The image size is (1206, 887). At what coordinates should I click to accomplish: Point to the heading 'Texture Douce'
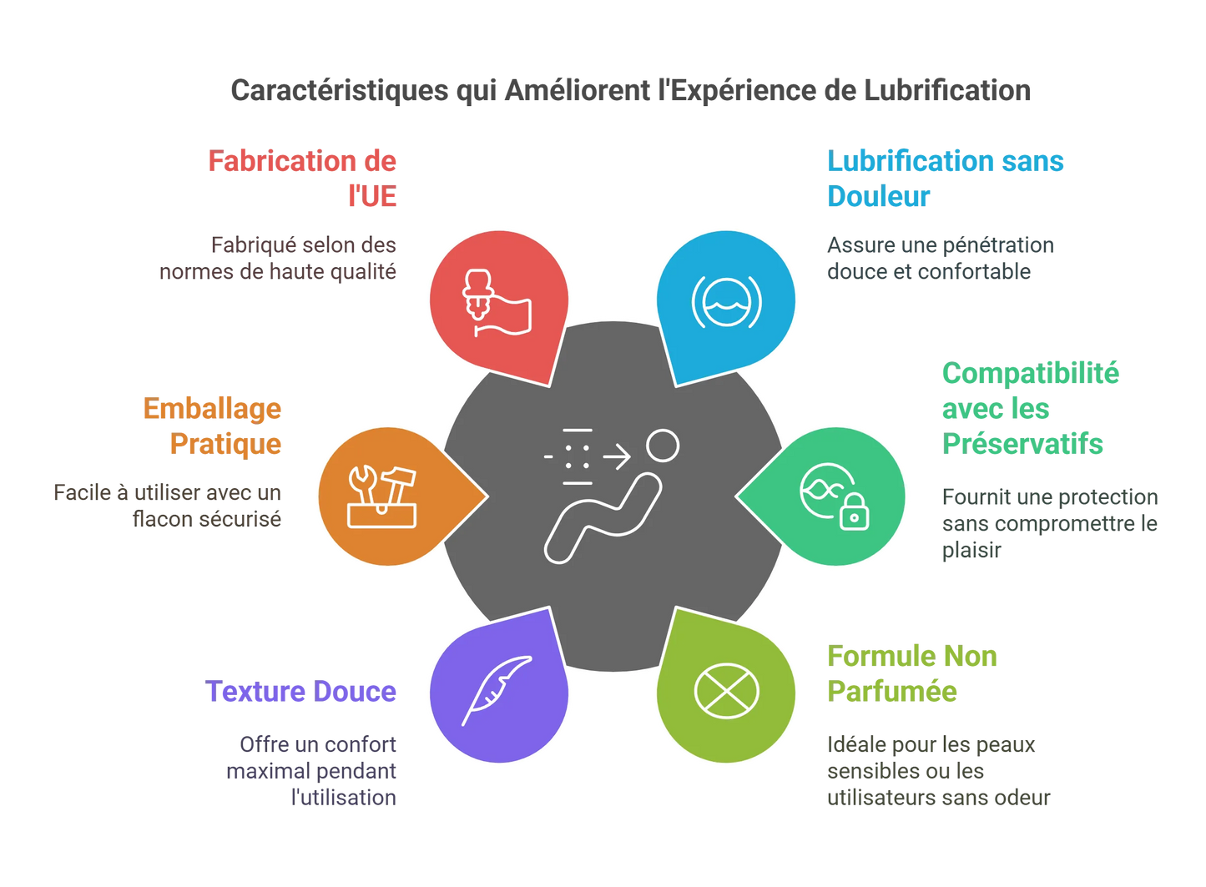(x=300, y=691)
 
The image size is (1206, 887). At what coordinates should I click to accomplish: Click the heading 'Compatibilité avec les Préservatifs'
(x=1030, y=408)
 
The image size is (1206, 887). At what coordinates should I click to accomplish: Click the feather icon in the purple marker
(x=497, y=690)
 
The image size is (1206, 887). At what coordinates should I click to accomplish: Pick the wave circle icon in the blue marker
(x=726, y=301)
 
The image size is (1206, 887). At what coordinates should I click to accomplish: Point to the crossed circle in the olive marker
(x=726, y=691)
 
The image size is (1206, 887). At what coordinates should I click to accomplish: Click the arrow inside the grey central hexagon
(x=616, y=457)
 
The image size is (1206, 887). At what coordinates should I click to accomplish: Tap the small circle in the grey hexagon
(x=663, y=446)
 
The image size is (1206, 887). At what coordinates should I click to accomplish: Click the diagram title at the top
(x=630, y=90)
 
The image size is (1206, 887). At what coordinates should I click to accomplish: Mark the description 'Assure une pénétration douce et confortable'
(x=940, y=258)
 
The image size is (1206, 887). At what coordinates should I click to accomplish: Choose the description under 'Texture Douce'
(x=313, y=770)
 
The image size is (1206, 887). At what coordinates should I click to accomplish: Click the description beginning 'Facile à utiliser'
(x=168, y=506)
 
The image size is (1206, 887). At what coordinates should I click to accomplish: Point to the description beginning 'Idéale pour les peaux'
(x=938, y=770)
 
